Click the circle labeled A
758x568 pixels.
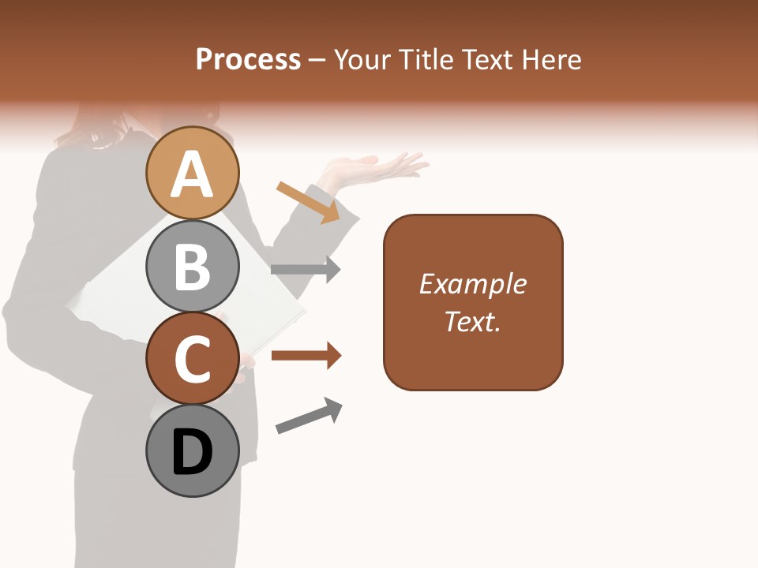(192, 173)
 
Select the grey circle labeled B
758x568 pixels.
(192, 266)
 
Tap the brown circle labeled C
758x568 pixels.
(192, 358)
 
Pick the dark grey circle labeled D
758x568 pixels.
(192, 450)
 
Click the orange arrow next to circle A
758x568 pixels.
(309, 202)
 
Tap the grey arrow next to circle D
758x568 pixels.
(309, 415)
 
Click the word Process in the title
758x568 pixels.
(248, 60)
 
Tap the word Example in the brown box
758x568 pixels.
(472, 284)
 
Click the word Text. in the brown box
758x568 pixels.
(472, 321)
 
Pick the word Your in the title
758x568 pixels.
(362, 60)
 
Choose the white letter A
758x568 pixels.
(192, 175)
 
